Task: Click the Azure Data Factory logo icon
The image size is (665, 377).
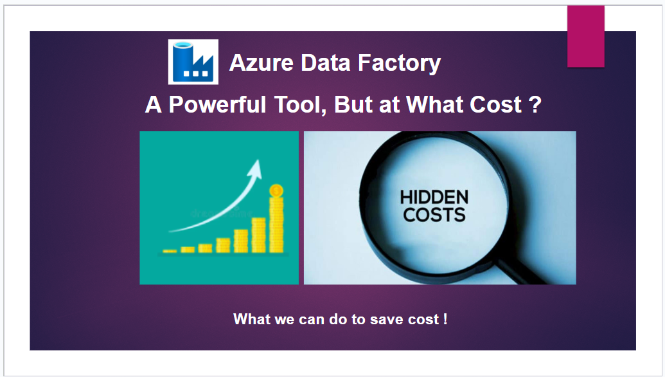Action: pos(193,62)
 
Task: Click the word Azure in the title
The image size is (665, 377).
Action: pos(254,63)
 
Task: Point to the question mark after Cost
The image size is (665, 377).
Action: pos(535,104)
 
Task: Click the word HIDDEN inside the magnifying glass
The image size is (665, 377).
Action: pos(434,197)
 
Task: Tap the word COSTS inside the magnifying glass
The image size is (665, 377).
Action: pos(434,215)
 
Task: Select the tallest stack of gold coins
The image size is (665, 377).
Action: pos(276,225)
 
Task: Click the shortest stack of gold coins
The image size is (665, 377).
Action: pos(170,251)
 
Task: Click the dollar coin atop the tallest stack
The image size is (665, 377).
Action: pos(276,190)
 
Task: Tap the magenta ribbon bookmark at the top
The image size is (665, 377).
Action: pos(585,35)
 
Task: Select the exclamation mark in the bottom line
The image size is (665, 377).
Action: pos(445,319)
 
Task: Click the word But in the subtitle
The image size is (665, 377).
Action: pos(353,104)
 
